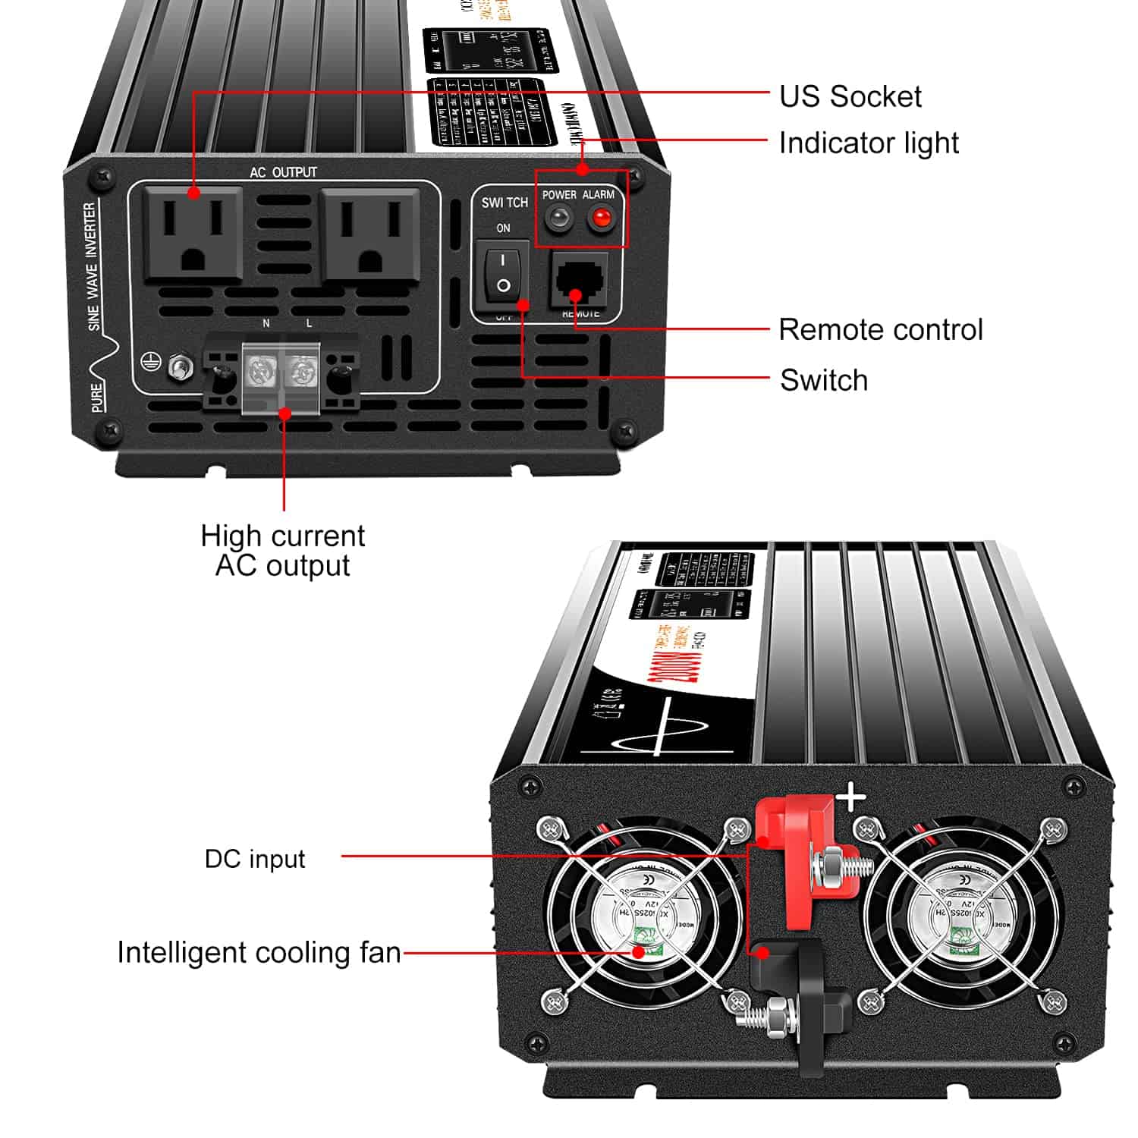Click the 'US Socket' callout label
click(x=850, y=96)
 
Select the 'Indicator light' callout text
click(x=869, y=143)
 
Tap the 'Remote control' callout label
click(x=880, y=329)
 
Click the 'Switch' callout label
click(x=824, y=380)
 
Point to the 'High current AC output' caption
click(x=282, y=551)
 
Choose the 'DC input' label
click(x=255, y=859)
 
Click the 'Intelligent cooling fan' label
click(x=259, y=952)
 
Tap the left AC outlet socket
click(x=194, y=235)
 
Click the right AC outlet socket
click(x=369, y=235)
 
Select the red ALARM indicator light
click(x=602, y=219)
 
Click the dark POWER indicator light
click(x=559, y=219)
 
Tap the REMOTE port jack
click(x=580, y=279)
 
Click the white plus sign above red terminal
click(x=850, y=797)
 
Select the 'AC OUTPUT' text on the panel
click(x=283, y=172)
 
